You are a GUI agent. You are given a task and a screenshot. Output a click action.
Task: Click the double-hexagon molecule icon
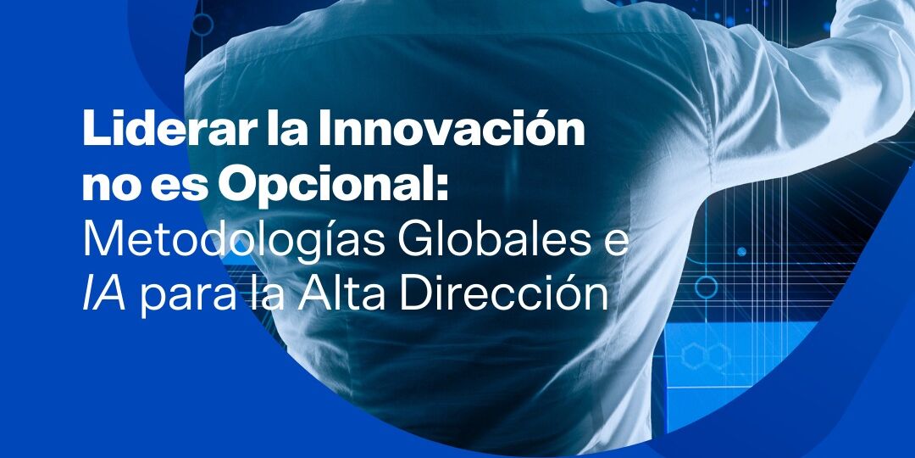coord(707,355)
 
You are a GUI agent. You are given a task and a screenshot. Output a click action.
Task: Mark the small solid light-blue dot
coord(741,252)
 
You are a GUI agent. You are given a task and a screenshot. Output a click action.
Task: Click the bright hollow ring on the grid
coord(706,288)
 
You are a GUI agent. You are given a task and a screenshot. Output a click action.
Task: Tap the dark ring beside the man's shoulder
coord(202,25)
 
